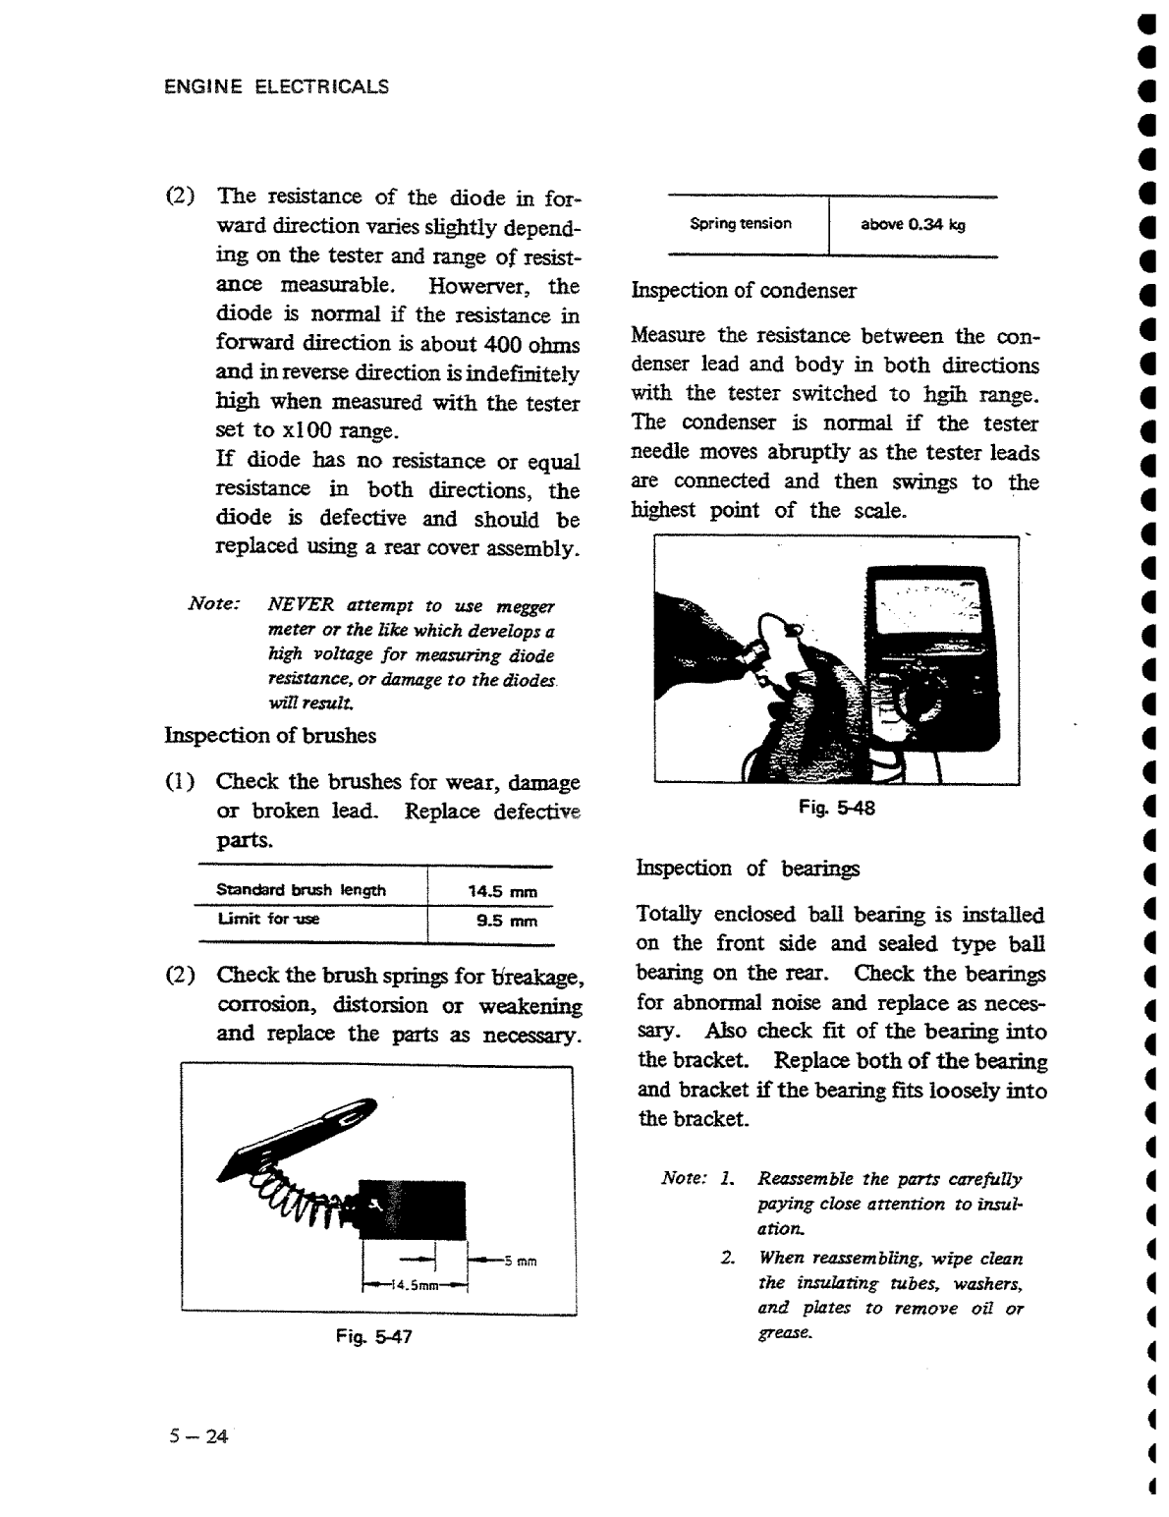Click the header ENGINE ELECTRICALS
click(276, 86)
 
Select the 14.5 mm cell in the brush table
click(502, 892)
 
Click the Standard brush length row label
click(301, 890)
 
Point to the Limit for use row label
click(268, 919)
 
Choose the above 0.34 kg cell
click(913, 224)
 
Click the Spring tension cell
click(741, 223)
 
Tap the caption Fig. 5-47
click(373, 1336)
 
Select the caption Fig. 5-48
click(836, 808)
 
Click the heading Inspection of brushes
click(270, 735)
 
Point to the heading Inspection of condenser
click(744, 290)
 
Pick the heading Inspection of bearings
click(748, 868)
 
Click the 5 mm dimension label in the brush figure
click(519, 1262)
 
